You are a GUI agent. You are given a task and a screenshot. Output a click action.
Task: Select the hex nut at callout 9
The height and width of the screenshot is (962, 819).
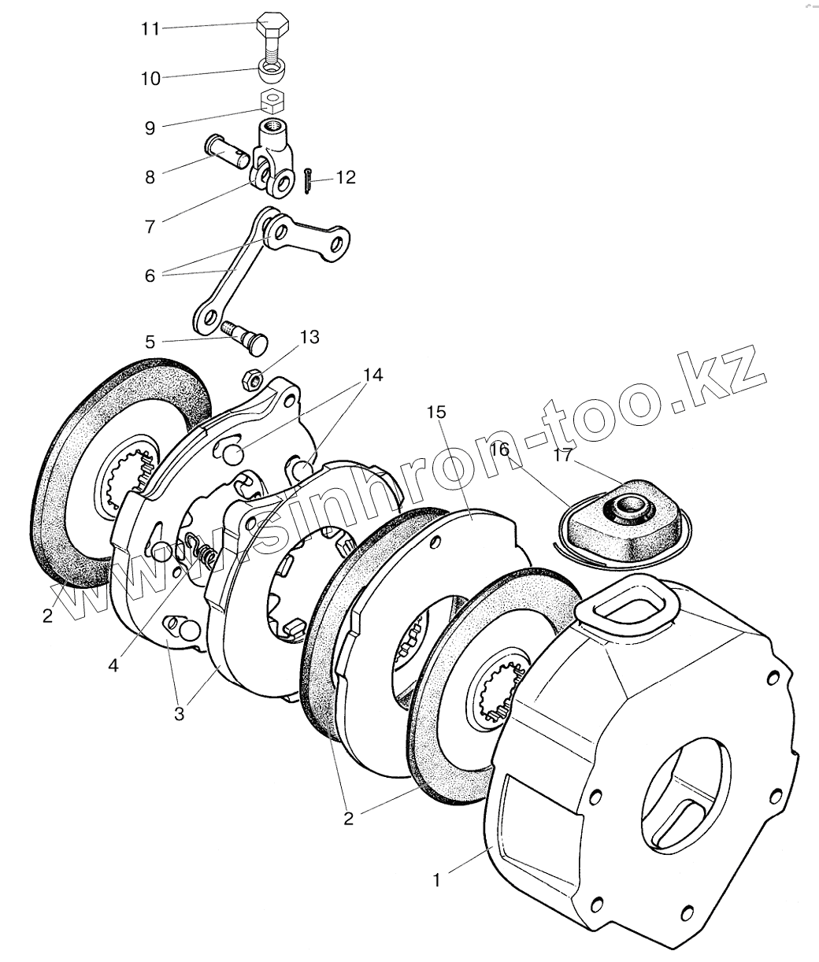tap(272, 102)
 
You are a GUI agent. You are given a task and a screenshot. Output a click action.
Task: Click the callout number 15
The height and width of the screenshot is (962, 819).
tap(436, 412)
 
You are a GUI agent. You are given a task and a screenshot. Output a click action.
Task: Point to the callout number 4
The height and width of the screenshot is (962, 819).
tap(113, 665)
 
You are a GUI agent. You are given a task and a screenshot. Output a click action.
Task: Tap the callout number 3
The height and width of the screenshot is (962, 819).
tap(180, 714)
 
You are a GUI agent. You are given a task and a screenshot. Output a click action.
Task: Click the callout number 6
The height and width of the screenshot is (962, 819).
tap(149, 275)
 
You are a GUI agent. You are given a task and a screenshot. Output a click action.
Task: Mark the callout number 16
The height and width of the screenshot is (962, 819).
tap(498, 450)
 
